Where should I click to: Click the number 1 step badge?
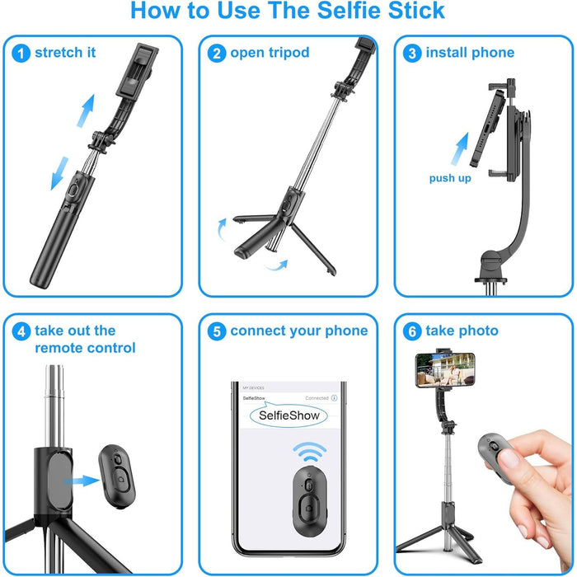21,53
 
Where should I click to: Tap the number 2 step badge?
217,53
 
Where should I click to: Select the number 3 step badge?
412,53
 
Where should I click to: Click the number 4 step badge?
21,331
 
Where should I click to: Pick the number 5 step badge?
217,331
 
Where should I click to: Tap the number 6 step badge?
412,331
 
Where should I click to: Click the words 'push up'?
450,178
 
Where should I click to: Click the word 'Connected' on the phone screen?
317,398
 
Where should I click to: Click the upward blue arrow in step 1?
85,111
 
